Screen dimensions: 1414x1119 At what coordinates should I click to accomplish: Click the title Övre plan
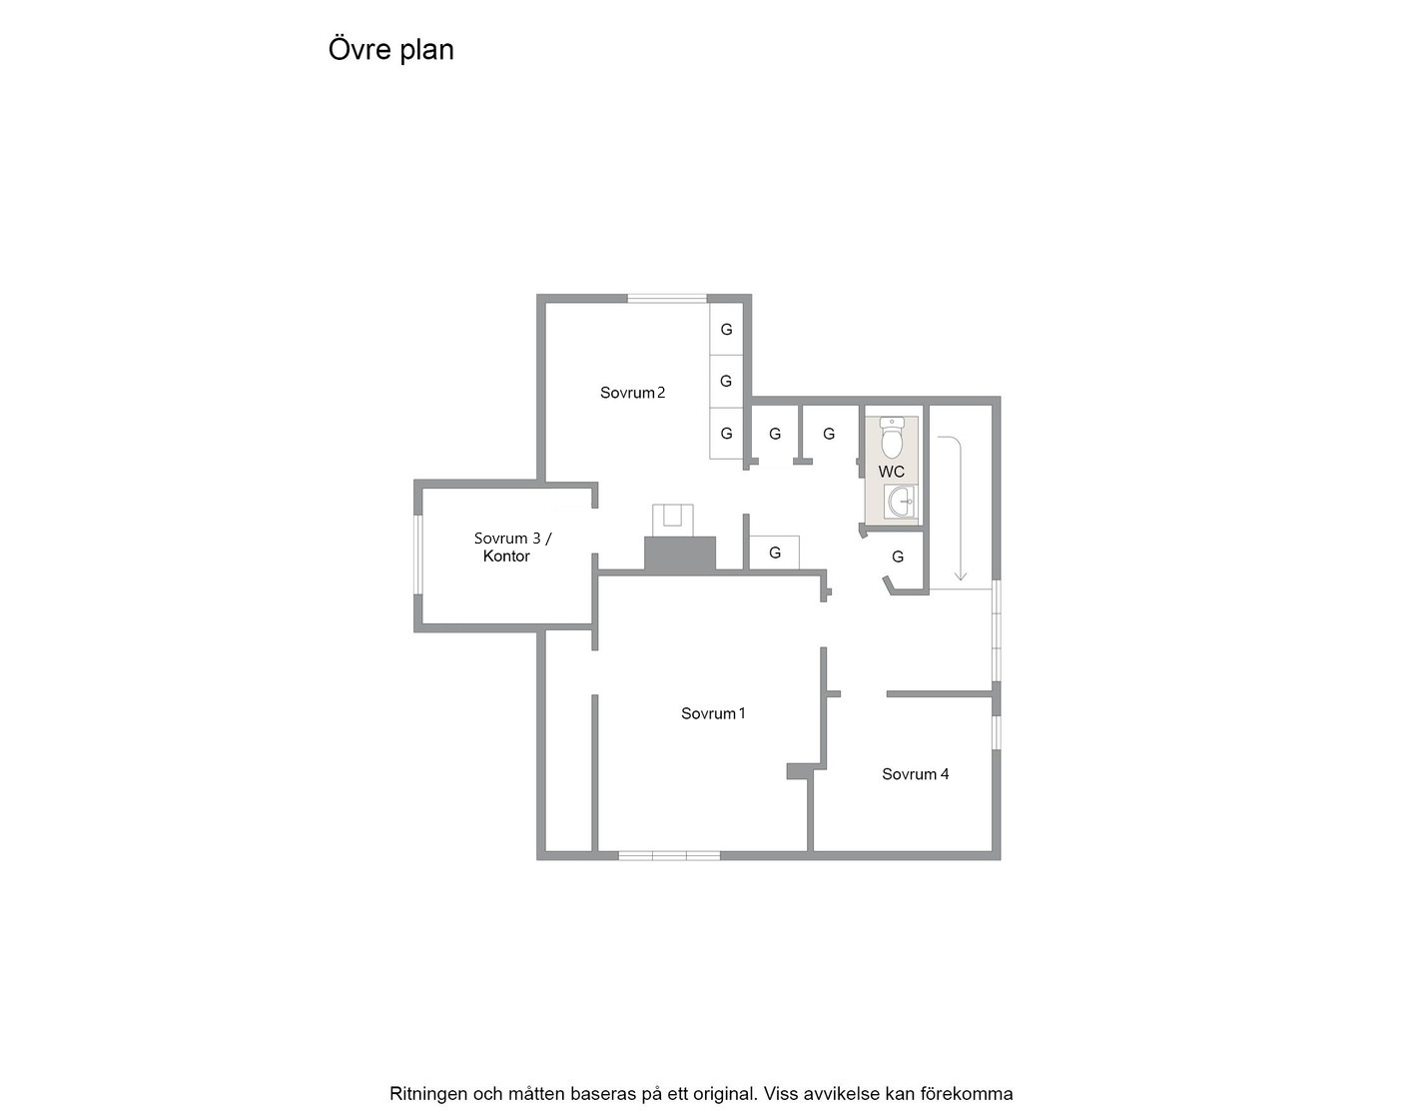click(391, 50)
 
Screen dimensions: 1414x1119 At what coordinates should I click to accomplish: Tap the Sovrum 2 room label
click(632, 393)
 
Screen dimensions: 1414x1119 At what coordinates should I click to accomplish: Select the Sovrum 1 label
click(713, 713)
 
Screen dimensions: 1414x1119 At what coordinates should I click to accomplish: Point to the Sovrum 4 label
click(916, 774)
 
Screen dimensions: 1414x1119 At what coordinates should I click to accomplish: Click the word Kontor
click(506, 557)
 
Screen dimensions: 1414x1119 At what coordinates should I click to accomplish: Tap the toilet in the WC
click(892, 438)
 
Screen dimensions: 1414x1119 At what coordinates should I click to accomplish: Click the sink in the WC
click(900, 503)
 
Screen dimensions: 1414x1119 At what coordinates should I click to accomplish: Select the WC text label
click(891, 472)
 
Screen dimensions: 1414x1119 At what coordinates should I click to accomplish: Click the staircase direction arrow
click(960, 509)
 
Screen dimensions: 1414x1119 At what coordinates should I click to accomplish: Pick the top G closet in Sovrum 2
click(726, 330)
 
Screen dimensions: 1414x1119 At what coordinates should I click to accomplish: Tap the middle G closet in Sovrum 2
click(726, 382)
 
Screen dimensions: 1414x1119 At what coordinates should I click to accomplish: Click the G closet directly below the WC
click(898, 557)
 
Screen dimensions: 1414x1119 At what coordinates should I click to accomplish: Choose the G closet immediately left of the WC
click(829, 434)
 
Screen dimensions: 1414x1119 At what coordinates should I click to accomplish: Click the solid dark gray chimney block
click(679, 554)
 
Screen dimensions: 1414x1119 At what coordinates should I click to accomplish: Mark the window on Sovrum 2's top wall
click(667, 299)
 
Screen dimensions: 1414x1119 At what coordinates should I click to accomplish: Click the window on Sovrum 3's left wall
click(417, 555)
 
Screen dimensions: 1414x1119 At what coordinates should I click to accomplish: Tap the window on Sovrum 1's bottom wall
click(669, 855)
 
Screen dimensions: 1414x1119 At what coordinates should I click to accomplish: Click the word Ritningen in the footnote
click(428, 1094)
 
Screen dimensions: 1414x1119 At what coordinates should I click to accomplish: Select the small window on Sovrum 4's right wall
click(997, 732)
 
